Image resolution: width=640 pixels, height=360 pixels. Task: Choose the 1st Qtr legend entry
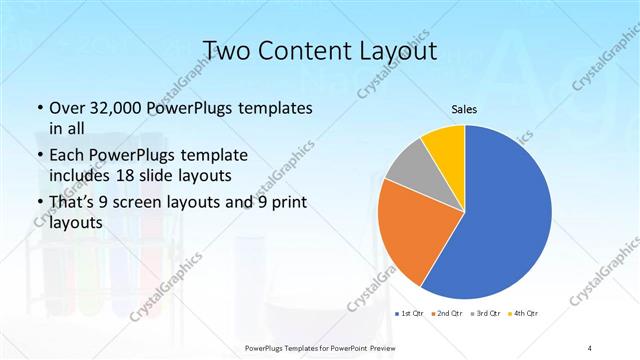point(408,314)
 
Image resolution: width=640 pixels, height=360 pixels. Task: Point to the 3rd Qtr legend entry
point(485,314)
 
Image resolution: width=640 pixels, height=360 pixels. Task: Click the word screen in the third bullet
point(155,205)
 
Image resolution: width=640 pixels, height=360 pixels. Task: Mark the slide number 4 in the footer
point(590,347)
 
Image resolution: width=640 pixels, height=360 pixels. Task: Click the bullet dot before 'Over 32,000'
point(38,108)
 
